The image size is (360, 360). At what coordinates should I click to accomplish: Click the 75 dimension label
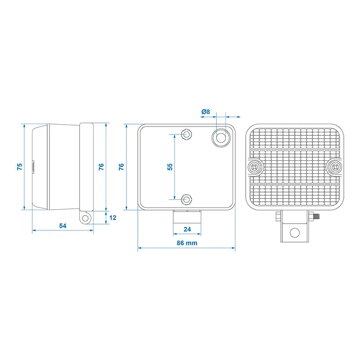click(19, 166)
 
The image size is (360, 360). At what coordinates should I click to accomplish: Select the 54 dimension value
click(63, 225)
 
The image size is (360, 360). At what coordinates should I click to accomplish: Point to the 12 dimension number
click(113, 218)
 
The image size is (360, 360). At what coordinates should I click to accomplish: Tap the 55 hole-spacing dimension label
click(170, 166)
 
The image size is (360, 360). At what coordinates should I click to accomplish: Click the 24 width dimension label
click(188, 229)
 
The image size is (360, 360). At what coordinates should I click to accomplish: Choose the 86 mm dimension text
click(186, 243)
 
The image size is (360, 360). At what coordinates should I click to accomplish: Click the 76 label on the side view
click(101, 166)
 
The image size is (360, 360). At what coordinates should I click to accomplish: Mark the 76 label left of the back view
click(121, 166)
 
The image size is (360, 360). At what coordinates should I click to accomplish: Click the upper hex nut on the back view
click(187, 134)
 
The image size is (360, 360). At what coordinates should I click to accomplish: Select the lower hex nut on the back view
click(187, 198)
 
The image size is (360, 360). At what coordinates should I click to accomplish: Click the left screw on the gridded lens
click(256, 167)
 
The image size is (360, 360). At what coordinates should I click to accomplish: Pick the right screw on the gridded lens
click(335, 167)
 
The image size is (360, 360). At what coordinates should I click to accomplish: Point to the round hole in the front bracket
click(294, 232)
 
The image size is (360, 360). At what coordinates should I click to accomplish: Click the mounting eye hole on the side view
click(85, 219)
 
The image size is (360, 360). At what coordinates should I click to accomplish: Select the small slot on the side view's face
click(34, 167)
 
